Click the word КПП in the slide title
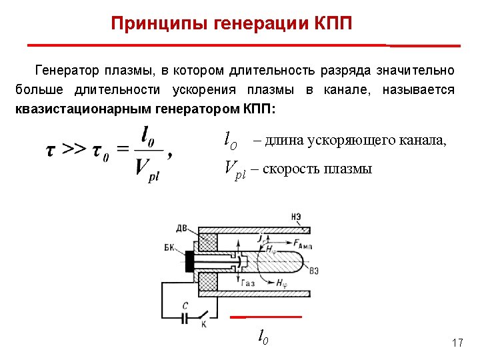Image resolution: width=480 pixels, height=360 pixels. tap(331, 25)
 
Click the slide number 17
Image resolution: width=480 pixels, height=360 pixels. tap(457, 343)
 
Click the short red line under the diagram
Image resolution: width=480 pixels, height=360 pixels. tap(266, 316)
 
